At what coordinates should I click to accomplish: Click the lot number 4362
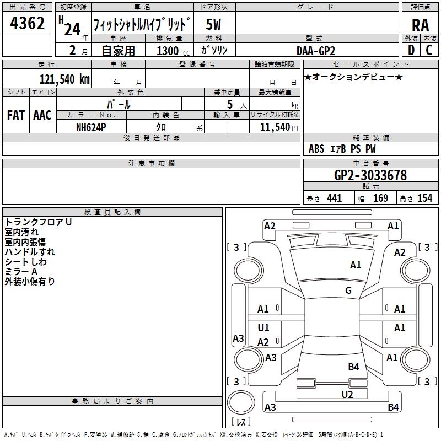(27, 23)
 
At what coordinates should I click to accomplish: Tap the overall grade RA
(421, 25)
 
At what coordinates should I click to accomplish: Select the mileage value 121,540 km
(64, 79)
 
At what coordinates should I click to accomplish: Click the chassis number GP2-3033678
(370, 175)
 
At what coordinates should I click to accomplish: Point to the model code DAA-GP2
(316, 51)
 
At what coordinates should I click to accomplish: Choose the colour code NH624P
(91, 127)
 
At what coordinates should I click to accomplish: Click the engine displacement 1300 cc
(173, 51)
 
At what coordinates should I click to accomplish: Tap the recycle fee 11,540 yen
(279, 127)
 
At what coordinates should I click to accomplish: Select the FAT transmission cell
(16, 115)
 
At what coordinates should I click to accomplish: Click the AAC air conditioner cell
(42, 115)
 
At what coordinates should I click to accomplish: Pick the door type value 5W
(213, 24)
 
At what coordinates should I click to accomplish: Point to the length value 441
(335, 198)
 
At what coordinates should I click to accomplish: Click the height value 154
(424, 198)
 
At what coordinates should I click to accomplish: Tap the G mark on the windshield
(348, 290)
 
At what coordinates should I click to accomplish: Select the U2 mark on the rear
(347, 394)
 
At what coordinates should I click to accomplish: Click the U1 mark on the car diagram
(263, 327)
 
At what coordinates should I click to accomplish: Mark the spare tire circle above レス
(241, 402)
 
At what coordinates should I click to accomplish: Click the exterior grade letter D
(411, 50)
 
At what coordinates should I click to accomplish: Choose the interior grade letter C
(429, 50)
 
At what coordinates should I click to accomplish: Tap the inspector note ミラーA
(21, 272)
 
